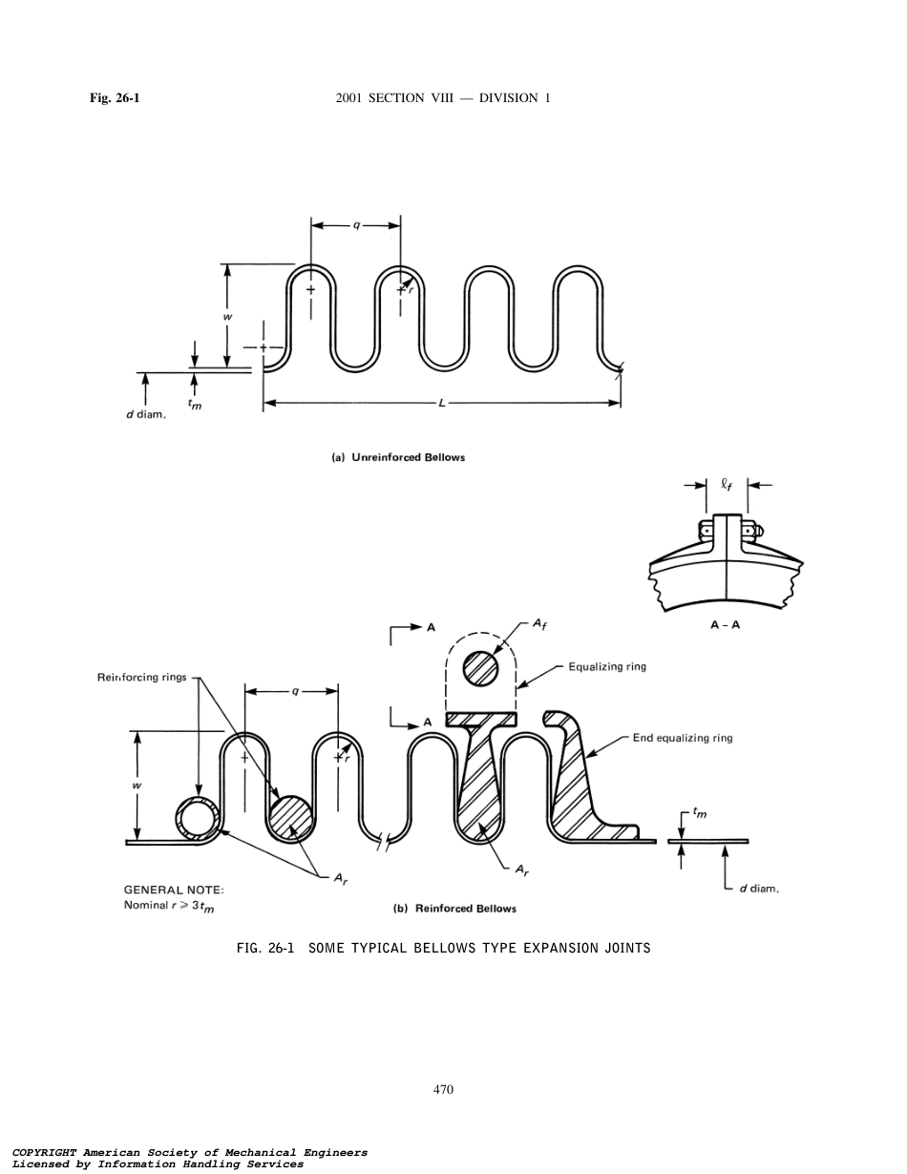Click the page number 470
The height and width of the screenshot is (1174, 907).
(x=442, y=1089)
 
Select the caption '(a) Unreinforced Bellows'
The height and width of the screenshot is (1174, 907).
(x=398, y=457)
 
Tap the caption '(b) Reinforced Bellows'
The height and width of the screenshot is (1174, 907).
(x=455, y=909)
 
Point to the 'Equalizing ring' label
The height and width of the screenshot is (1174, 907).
(x=607, y=666)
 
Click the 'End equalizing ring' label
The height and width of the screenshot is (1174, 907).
(x=683, y=738)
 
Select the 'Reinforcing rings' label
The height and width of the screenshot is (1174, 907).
(x=142, y=678)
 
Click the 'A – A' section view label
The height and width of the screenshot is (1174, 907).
(x=725, y=626)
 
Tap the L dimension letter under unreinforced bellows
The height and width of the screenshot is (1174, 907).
(x=442, y=403)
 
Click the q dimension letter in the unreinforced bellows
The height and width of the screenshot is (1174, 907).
(x=356, y=225)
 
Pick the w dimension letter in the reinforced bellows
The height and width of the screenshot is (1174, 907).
(x=137, y=786)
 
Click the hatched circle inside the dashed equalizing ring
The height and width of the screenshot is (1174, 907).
(x=480, y=668)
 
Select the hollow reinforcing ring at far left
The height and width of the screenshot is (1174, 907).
(x=199, y=818)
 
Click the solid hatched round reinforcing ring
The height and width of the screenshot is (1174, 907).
(x=291, y=818)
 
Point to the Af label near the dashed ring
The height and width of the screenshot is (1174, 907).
(x=539, y=624)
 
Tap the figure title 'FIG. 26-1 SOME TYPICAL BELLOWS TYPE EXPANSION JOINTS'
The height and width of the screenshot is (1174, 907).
(x=443, y=948)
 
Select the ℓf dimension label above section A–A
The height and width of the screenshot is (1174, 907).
(x=727, y=485)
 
